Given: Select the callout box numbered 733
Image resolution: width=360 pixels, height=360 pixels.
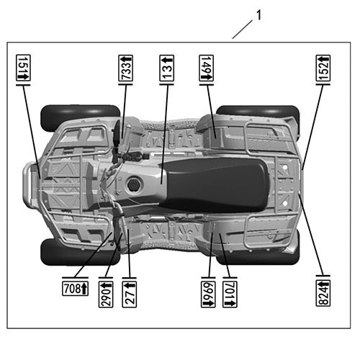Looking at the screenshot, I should (x=126, y=69).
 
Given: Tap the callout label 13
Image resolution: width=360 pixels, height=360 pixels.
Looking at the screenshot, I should (x=167, y=68).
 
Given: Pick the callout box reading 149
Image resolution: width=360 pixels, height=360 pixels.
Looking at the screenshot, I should (x=207, y=69).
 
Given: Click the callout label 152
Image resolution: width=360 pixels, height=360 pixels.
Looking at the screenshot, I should (x=323, y=69).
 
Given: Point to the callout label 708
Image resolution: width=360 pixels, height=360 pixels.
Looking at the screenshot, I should (x=75, y=289).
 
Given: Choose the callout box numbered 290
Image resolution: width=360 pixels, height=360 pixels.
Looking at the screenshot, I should (x=106, y=294).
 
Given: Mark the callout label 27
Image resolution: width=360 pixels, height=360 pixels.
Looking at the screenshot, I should (x=130, y=294).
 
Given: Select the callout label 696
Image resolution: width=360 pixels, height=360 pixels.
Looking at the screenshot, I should (x=208, y=294).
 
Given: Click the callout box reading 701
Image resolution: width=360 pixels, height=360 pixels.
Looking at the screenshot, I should (x=230, y=294).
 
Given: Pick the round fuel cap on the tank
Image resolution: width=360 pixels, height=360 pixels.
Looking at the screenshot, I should (x=132, y=184).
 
